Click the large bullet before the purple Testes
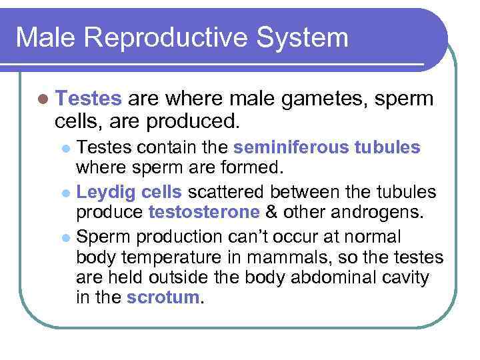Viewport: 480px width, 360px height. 43,99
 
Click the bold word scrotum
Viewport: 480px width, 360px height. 163,297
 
